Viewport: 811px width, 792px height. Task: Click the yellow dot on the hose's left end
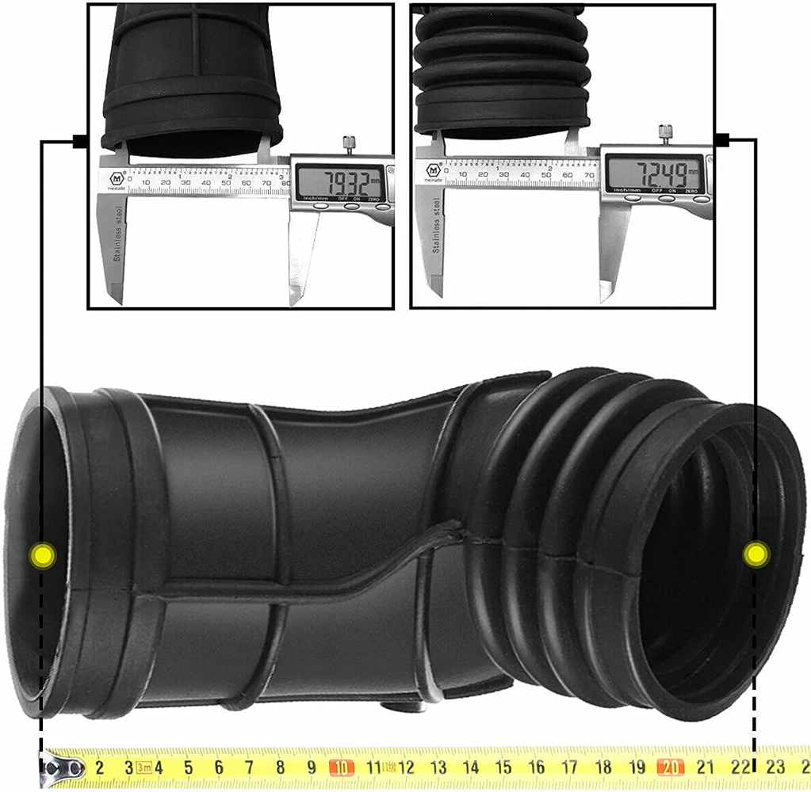[x=41, y=554]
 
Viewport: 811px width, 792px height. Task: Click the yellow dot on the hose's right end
[x=756, y=554]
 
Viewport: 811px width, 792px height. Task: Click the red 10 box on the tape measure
[x=341, y=767]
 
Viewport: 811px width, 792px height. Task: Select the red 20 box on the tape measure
[x=670, y=767]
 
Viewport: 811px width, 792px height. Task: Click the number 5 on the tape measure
[x=189, y=767]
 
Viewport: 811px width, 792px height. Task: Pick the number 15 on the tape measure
[x=503, y=767]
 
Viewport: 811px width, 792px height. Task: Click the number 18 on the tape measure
[x=603, y=767]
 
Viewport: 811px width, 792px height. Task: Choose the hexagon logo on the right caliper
[x=434, y=169]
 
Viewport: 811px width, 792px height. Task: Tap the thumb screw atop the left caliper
[x=347, y=143]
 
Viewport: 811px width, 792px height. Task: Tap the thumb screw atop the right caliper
[x=664, y=132]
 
